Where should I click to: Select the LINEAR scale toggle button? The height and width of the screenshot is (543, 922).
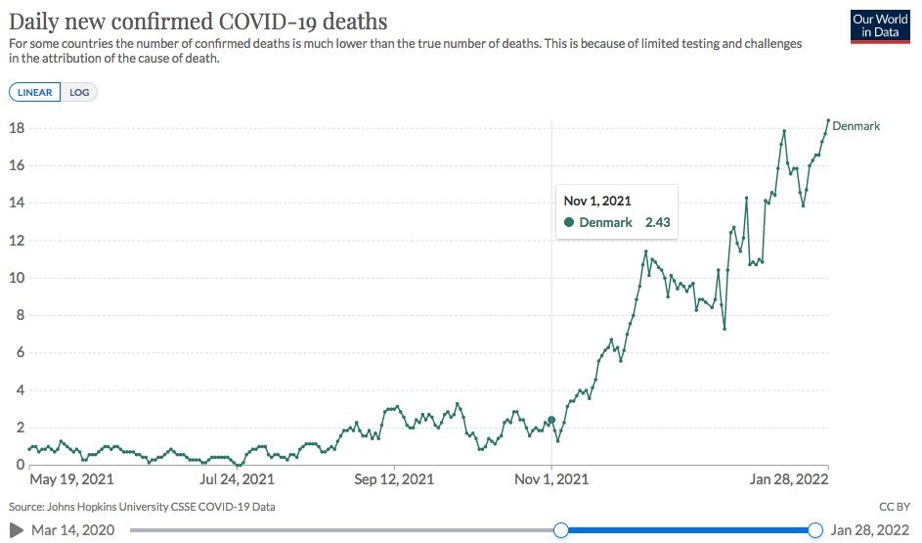(34, 93)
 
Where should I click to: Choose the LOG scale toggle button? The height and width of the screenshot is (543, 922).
(79, 93)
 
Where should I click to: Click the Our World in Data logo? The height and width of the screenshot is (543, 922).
(880, 25)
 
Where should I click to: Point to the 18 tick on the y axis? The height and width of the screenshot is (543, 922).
(16, 128)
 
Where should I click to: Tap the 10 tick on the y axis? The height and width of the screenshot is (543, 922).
(16, 278)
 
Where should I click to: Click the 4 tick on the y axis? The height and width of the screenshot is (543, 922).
(18, 390)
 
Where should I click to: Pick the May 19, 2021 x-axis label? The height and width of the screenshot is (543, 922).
(71, 479)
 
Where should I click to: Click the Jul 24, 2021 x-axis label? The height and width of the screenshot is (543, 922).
(237, 479)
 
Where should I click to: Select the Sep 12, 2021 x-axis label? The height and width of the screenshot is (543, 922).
(394, 479)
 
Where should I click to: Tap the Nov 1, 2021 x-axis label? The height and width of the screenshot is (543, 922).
(551, 479)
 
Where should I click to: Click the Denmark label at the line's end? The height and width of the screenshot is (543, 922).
(856, 126)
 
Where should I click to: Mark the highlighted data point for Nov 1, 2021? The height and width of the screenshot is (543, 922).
(551, 420)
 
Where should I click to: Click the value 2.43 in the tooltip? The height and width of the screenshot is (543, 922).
(655, 222)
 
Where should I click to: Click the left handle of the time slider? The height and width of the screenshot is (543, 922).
(561, 530)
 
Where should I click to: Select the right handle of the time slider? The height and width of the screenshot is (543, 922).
(815, 530)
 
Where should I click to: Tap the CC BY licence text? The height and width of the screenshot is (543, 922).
(895, 507)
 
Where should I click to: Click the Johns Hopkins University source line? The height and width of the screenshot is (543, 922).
(142, 507)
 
